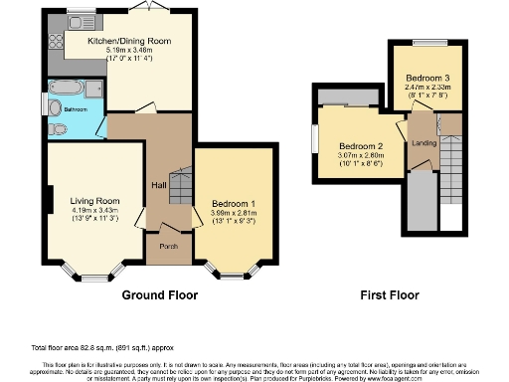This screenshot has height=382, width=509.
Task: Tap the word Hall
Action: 157,184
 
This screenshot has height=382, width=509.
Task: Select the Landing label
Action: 424,144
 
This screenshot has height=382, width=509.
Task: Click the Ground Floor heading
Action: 159,295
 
